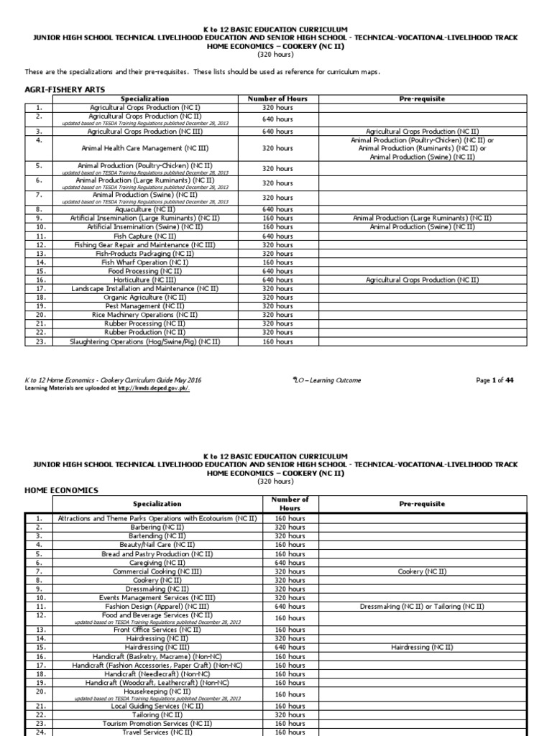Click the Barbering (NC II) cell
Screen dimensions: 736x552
tap(154, 527)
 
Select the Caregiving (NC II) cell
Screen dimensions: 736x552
tap(154, 563)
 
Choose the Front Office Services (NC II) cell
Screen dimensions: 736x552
tap(154, 630)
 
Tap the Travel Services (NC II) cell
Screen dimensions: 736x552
tap(154, 732)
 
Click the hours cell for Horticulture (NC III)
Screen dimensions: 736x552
tap(277, 280)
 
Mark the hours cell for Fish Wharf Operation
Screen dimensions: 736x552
tap(277, 262)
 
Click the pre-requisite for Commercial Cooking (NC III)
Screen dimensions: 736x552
tap(421, 571)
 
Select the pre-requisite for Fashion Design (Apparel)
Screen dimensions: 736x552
tap(421, 607)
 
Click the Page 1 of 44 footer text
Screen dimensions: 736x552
tap(494, 380)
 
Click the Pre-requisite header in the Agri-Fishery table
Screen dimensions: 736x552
tap(421, 98)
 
